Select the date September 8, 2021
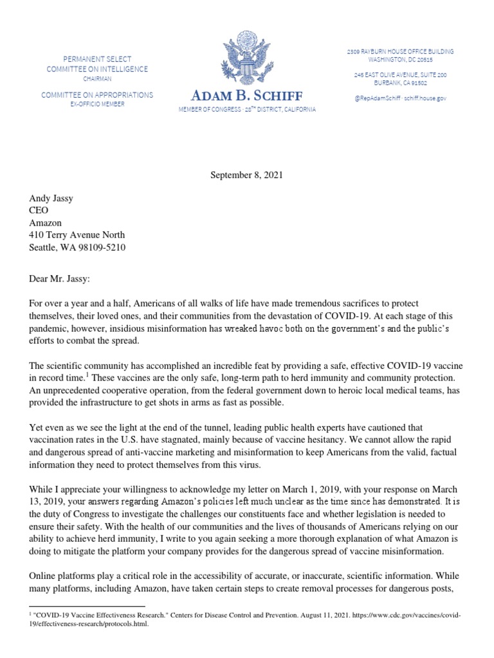247,174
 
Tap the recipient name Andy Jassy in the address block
51,199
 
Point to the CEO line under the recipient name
39,211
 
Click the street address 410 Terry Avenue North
77,235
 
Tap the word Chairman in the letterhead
96,78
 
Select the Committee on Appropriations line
97,95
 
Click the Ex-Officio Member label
97,104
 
